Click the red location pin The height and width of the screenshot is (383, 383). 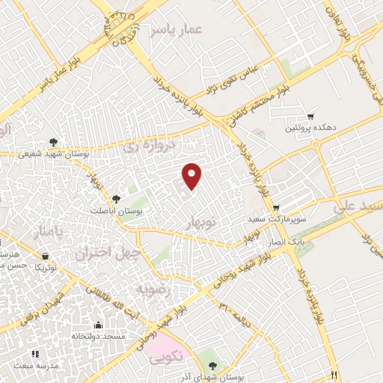click(x=193, y=176)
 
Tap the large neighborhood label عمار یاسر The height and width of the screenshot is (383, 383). click(x=175, y=29)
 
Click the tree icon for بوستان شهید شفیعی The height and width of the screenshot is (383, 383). click(x=52, y=141)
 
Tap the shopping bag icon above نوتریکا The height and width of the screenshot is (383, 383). click(x=46, y=256)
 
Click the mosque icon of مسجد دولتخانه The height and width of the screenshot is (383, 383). click(x=98, y=324)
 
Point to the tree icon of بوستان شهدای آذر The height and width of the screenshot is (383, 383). click(x=214, y=365)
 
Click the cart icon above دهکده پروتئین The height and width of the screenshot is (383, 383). click(x=310, y=116)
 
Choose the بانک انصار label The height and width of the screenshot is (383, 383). click(x=287, y=242)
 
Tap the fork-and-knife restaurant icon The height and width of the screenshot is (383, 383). click(x=334, y=374)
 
